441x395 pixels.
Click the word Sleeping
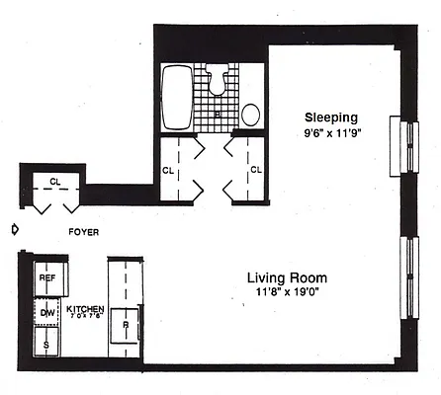pos(330,116)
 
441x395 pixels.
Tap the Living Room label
pos(287,277)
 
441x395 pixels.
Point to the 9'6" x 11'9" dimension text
pos(330,132)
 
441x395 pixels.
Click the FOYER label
pos(82,232)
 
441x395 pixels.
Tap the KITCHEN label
pos(85,309)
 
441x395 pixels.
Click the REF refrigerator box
pos(47,278)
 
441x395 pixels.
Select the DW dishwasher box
pos(47,313)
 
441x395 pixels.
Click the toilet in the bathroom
pos(217,78)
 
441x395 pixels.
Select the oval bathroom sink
pos(251,115)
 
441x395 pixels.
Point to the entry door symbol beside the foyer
pos(14,230)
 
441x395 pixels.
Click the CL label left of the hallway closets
pos(167,170)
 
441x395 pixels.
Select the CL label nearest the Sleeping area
pos(255,170)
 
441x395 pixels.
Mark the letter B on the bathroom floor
pos(217,115)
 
